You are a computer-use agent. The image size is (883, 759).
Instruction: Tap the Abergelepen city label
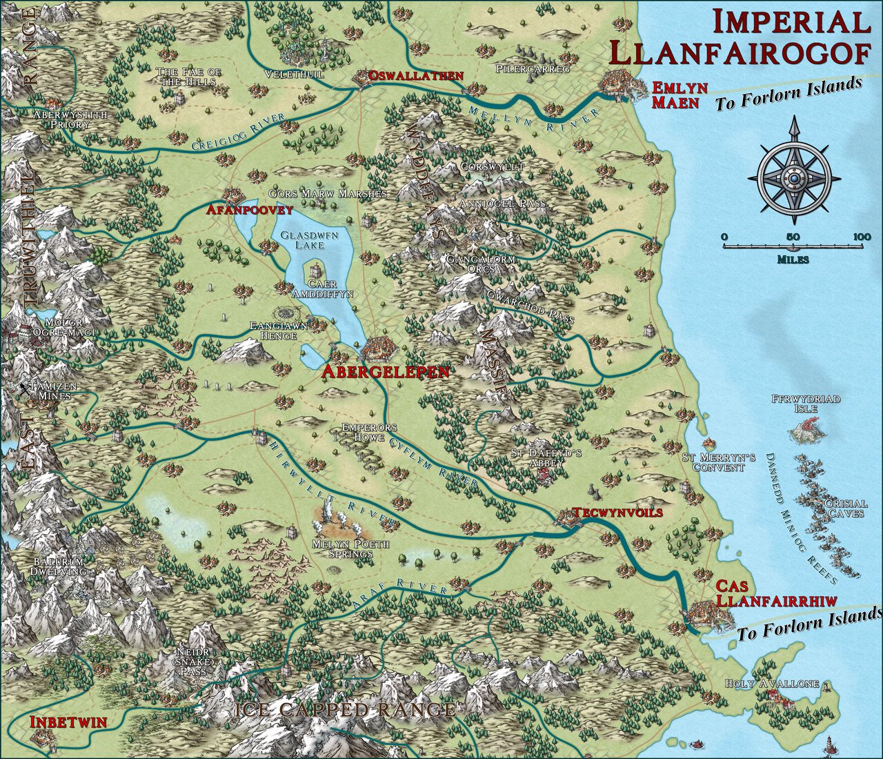pos(385,372)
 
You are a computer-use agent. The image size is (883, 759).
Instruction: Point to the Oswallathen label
pos(415,75)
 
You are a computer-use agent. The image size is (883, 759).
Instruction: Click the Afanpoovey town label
pos(249,209)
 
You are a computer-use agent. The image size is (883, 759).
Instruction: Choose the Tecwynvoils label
pos(617,513)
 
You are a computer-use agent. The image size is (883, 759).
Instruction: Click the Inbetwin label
pos(68,722)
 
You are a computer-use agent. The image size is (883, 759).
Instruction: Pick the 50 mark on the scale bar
pos(793,237)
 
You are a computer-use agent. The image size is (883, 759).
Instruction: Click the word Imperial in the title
pos(791,22)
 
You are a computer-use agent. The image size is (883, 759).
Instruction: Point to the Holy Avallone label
pos(772,684)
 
